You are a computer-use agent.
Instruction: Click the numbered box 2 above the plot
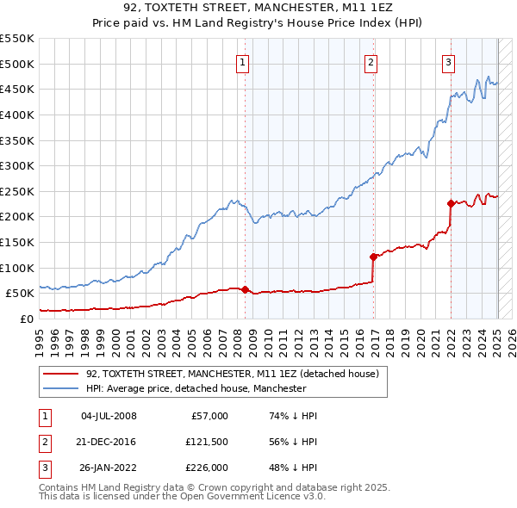point(371,62)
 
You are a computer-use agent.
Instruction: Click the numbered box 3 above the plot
point(448,62)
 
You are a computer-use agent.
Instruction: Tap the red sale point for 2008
point(245,289)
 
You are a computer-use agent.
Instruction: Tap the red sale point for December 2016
point(373,257)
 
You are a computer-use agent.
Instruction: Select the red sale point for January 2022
point(451,203)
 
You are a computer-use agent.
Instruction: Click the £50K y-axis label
point(20,293)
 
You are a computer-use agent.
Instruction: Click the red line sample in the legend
point(60,374)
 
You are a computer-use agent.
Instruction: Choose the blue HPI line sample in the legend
point(60,389)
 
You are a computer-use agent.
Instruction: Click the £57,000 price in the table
point(209,416)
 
